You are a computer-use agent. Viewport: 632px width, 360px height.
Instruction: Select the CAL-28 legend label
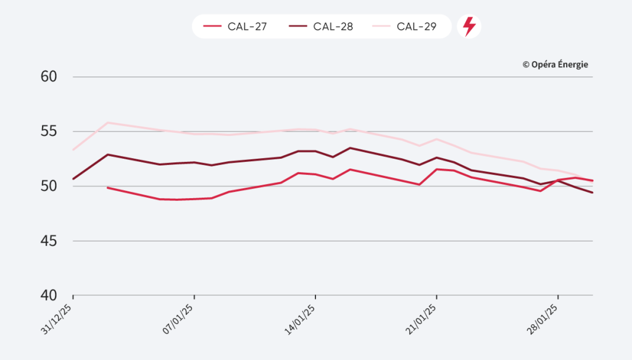tap(333, 27)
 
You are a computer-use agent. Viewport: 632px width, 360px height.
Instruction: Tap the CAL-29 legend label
tap(417, 27)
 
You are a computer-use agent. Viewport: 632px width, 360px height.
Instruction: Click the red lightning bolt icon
tap(469, 27)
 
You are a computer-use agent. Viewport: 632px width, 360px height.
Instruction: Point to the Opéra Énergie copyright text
tap(555, 64)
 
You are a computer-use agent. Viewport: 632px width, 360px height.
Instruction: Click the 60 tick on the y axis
tap(49, 77)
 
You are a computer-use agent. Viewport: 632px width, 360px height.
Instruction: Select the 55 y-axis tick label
tap(49, 132)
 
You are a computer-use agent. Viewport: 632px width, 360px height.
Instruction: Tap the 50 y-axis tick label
tap(49, 186)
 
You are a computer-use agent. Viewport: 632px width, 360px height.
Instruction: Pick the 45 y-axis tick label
tap(49, 241)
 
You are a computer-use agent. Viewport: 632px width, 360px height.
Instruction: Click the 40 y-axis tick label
tap(49, 295)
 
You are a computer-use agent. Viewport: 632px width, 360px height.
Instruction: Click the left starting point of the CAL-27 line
tap(108, 187)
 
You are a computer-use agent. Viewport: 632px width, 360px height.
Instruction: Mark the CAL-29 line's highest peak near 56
tap(108, 122)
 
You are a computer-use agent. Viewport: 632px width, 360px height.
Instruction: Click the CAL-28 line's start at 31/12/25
tap(73, 179)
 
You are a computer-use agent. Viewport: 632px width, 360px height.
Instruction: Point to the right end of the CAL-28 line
tap(592, 193)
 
